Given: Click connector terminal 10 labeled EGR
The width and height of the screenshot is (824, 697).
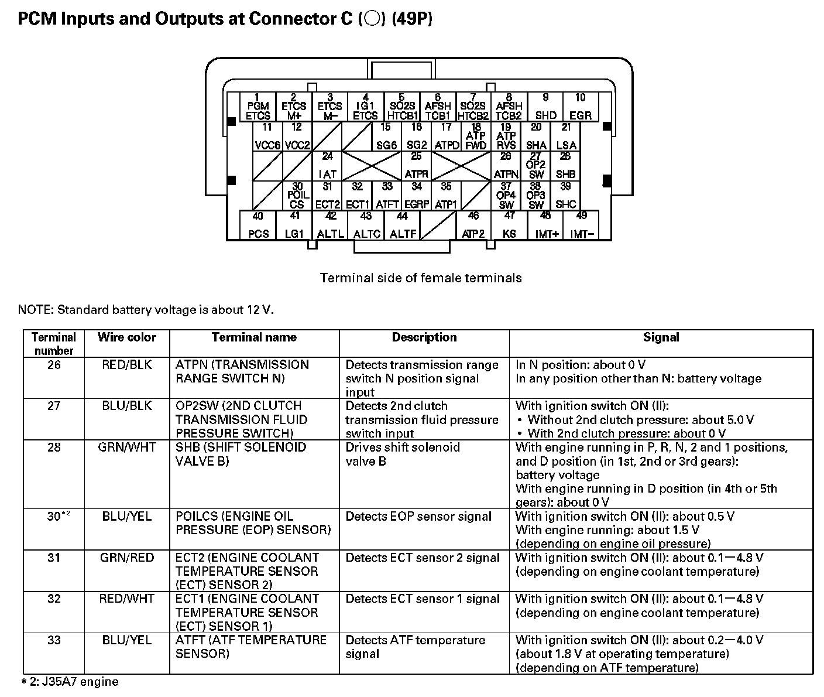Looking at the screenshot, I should tap(580, 107).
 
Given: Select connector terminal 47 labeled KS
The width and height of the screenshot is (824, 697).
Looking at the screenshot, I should tap(509, 225).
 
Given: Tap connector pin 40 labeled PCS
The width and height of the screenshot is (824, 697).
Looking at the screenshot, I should tap(258, 225).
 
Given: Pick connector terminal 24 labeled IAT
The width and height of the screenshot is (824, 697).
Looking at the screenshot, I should tap(328, 166).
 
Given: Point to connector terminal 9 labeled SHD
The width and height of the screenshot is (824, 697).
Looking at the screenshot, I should tap(545, 107).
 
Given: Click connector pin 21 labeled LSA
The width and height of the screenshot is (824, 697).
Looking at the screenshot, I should tap(566, 137).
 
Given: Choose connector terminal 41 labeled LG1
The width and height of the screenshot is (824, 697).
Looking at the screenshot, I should tap(294, 225).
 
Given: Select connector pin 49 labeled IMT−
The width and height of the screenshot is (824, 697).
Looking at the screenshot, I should tap(582, 225).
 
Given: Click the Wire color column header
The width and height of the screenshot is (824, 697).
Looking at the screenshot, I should tap(127, 337).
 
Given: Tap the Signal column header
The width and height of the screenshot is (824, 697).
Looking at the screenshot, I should tap(661, 337).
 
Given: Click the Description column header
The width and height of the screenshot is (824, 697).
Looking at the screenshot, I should tap(424, 337).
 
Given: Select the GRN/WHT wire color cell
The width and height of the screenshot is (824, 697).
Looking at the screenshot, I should tap(127, 447).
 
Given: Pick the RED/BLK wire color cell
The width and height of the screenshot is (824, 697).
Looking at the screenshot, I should tap(127, 365).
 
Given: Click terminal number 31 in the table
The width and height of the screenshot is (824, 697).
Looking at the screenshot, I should tap(54, 558).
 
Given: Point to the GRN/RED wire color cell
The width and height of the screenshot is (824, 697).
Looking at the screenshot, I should tap(127, 558).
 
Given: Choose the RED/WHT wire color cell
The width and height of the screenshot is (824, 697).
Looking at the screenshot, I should tap(127, 599).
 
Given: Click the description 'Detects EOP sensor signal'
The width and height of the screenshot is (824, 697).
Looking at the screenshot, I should tap(418, 517).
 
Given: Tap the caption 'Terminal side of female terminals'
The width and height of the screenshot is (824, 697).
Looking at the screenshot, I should tap(421, 278).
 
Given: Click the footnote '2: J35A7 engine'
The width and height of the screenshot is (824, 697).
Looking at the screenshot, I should tap(70, 682).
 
